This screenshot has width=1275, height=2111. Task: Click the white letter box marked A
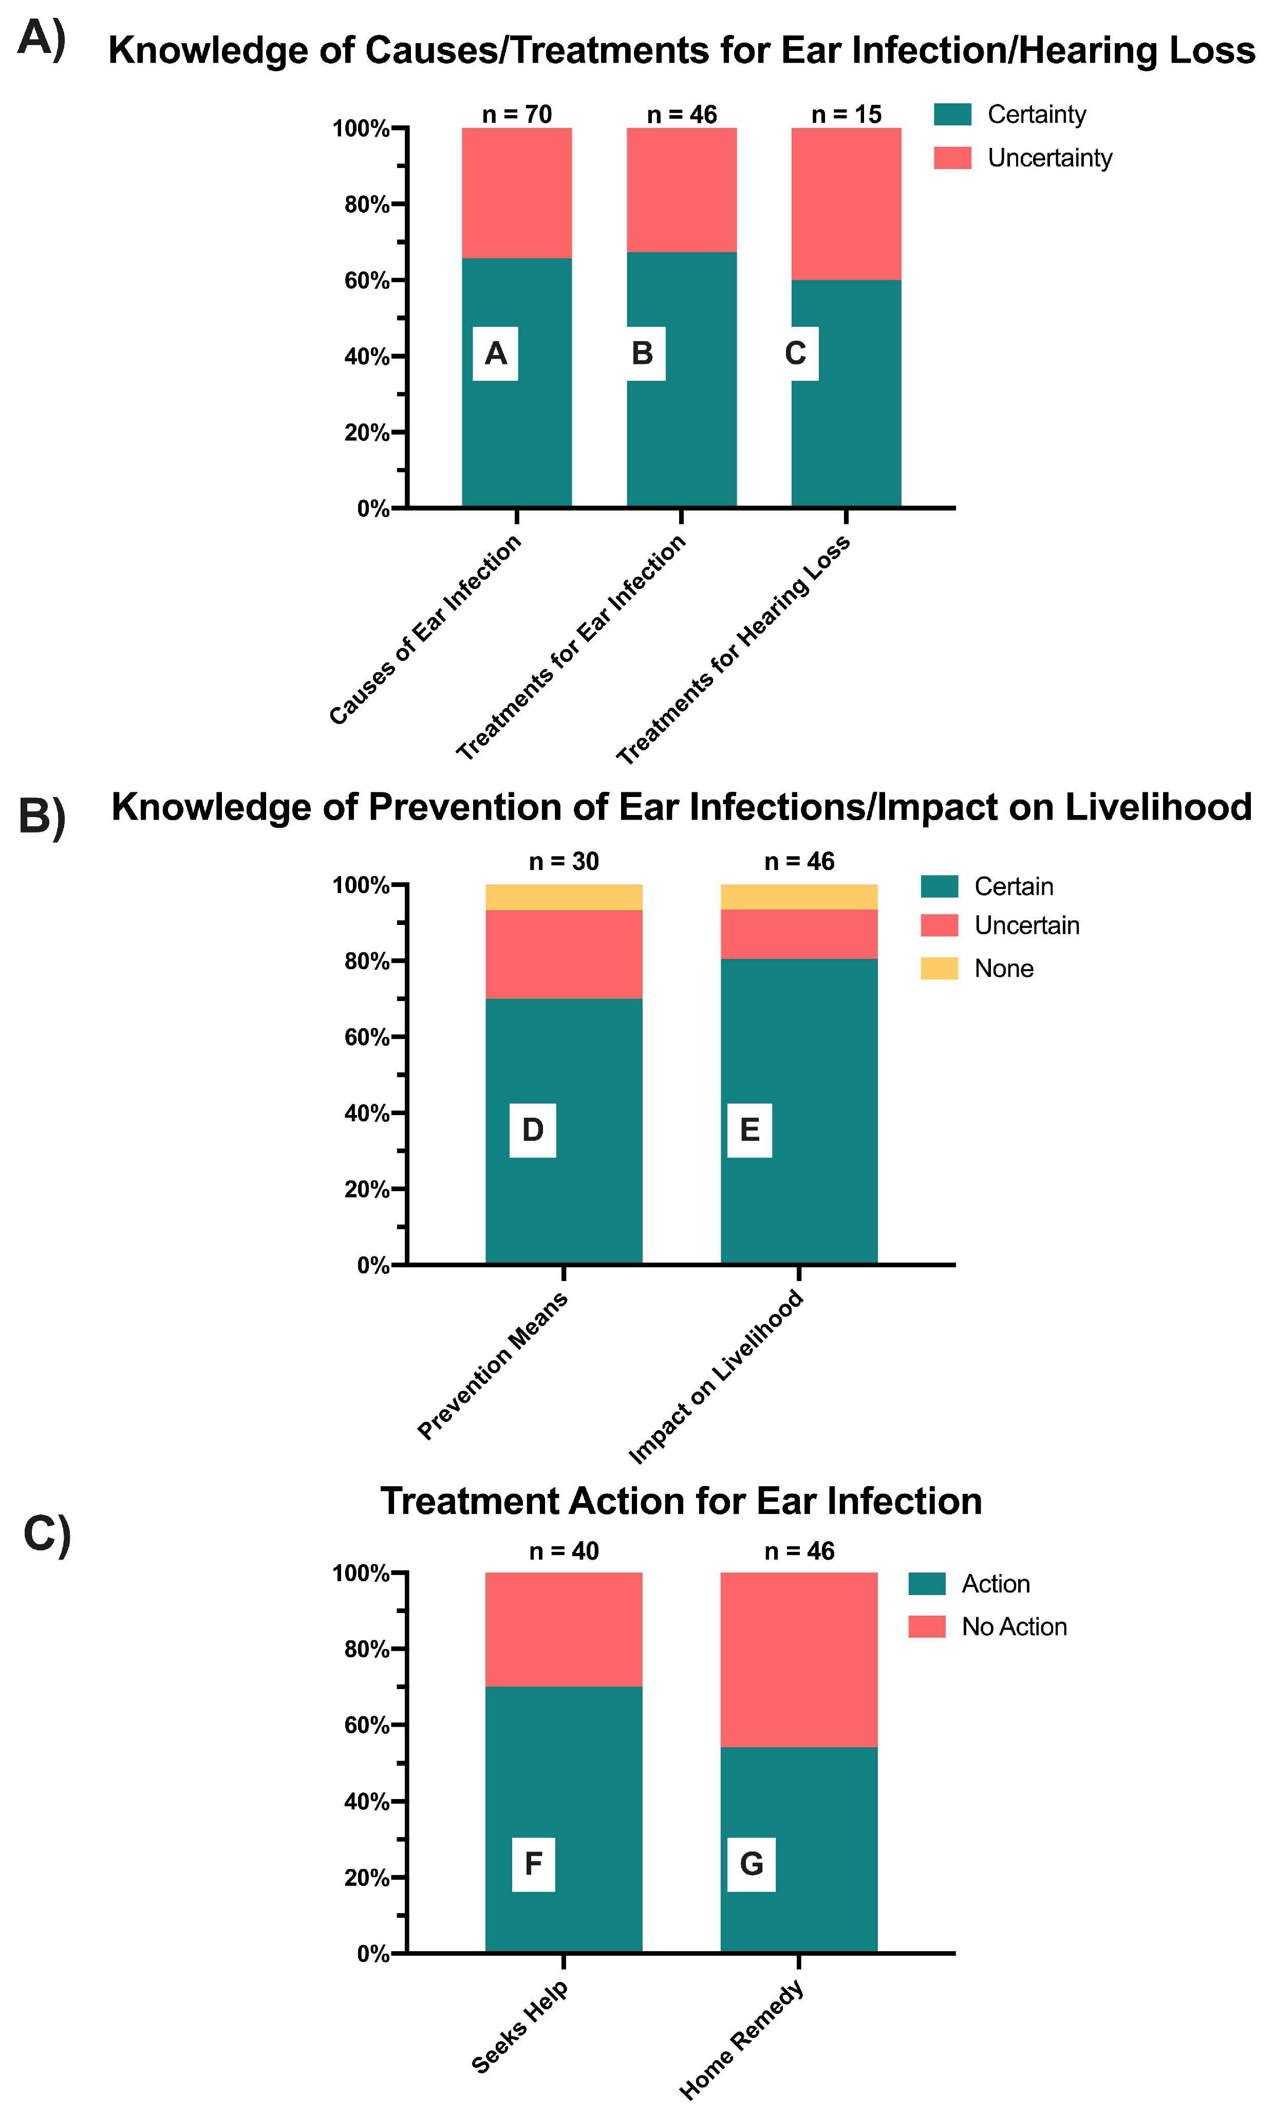pyautogui.click(x=495, y=353)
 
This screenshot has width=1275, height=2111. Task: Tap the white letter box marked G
pyautogui.click(x=751, y=1863)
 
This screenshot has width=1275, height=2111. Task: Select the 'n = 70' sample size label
pyautogui.click(x=516, y=114)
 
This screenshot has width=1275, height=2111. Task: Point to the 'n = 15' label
pyautogui.click(x=846, y=114)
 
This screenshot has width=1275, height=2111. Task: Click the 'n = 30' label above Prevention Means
pyautogui.click(x=564, y=861)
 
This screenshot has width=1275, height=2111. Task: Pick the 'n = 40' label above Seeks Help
pyautogui.click(x=564, y=1551)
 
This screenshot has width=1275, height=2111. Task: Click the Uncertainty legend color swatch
pyautogui.click(x=952, y=158)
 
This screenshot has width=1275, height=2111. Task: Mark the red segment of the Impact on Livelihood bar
pyautogui.click(x=799, y=934)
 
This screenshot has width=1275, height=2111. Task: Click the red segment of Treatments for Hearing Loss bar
pyautogui.click(x=846, y=204)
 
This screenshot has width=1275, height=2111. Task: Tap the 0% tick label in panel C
pyautogui.click(x=373, y=1953)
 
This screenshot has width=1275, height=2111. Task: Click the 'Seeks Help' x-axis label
pyautogui.click(x=520, y=2026)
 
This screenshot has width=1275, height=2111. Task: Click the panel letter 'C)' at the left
pyautogui.click(x=47, y=1533)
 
